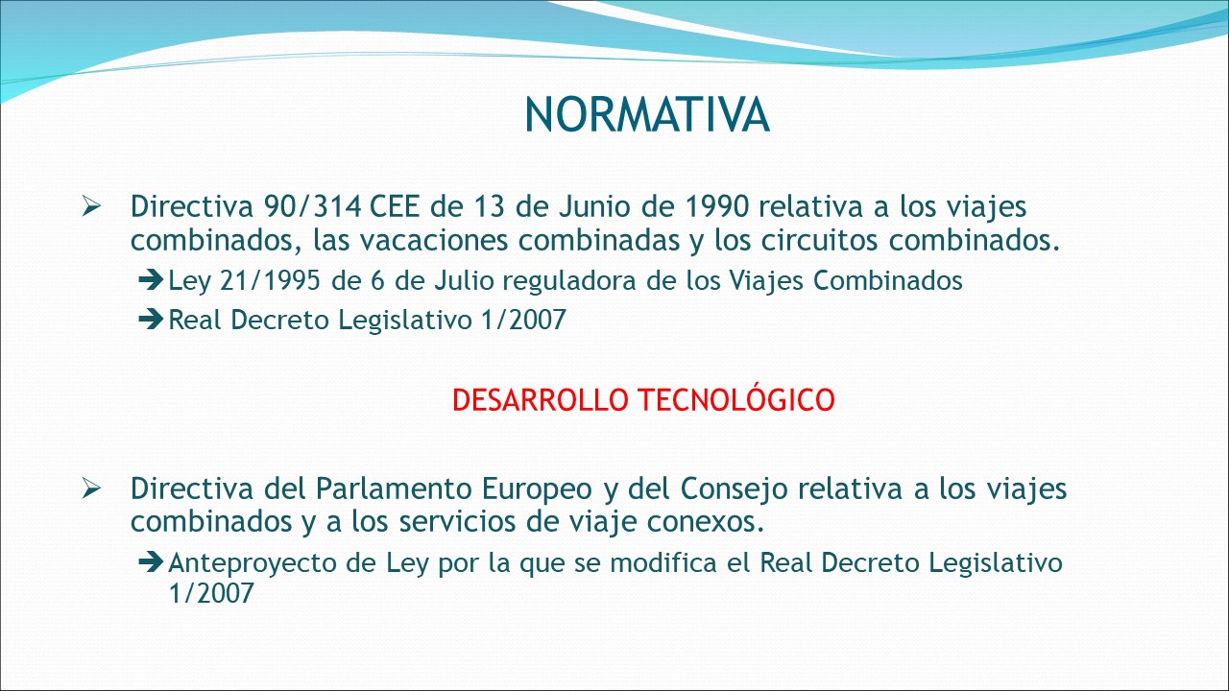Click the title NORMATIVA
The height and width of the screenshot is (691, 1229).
click(647, 114)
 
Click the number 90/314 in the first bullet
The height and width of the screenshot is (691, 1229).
click(312, 206)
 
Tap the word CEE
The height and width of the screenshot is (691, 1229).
click(395, 206)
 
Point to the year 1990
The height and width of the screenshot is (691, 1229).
click(717, 206)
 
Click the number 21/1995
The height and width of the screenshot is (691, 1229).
click(270, 281)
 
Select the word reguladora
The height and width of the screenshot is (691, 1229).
click(569, 282)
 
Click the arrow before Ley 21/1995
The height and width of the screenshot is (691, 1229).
click(151, 280)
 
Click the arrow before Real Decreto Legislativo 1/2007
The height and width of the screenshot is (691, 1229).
click(151, 320)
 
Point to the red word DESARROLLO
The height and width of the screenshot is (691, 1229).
click(540, 400)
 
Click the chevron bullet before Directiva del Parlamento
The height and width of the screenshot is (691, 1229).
click(91, 488)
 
